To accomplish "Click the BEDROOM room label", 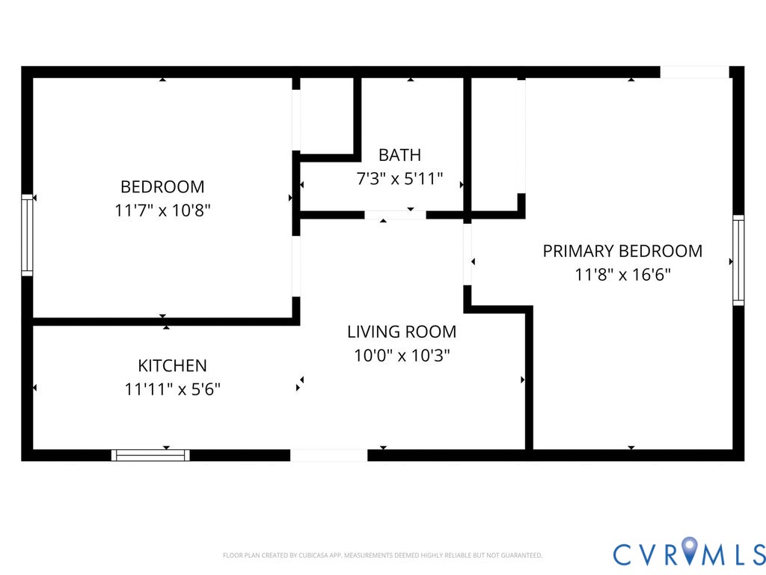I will [x=162, y=186].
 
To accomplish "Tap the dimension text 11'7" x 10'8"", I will [x=162, y=210].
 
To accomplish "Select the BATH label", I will [x=399, y=155].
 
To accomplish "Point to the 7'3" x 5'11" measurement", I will [x=399, y=180].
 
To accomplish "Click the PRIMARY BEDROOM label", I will [x=622, y=251].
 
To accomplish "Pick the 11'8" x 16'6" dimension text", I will [x=622, y=275].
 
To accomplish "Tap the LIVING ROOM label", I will [x=402, y=332].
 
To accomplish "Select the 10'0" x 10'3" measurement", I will [x=402, y=356].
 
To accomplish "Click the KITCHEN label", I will [x=172, y=365].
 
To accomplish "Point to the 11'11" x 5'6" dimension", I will [x=172, y=389].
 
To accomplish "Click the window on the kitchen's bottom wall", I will [x=150, y=454].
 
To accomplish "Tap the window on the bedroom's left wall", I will [x=27, y=235].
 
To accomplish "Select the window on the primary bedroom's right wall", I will [x=738, y=260].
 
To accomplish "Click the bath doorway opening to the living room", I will [x=395, y=215].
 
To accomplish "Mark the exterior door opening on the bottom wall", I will [x=328, y=454].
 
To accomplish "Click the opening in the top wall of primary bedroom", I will [x=694, y=72].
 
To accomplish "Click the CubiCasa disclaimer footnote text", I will [x=382, y=556].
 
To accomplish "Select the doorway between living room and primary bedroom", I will [x=468, y=255].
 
